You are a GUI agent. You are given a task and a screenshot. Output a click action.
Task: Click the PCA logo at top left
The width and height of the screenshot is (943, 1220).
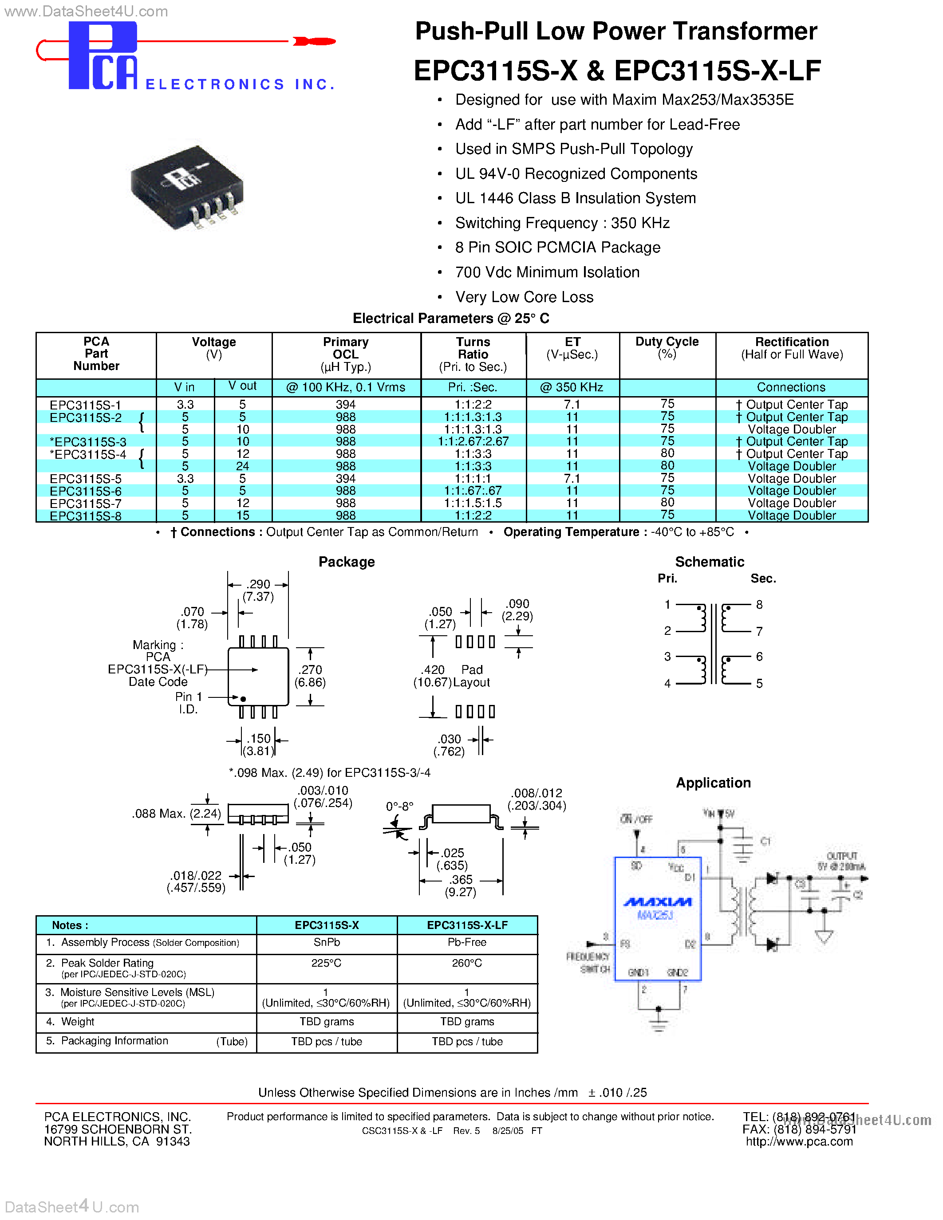tap(103, 56)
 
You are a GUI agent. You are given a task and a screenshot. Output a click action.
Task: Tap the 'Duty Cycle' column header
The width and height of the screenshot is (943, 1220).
tap(667, 342)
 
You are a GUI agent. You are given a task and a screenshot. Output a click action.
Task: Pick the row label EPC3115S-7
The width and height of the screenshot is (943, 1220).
tap(86, 504)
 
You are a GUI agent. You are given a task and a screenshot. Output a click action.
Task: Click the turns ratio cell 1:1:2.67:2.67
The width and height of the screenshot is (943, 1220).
tap(473, 441)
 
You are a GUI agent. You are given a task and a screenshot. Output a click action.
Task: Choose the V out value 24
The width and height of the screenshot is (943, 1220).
tap(242, 466)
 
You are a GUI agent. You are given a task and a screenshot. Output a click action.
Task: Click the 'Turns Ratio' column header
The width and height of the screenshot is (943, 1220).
tap(473, 348)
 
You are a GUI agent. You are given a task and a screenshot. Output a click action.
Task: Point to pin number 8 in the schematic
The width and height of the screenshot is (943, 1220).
tap(759, 604)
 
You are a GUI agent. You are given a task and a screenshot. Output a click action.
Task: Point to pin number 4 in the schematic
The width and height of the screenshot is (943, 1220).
tap(667, 683)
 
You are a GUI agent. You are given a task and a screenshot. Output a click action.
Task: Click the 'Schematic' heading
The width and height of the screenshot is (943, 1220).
tap(710, 562)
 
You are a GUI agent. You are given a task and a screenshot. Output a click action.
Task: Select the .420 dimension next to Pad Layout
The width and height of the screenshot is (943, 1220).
tap(433, 670)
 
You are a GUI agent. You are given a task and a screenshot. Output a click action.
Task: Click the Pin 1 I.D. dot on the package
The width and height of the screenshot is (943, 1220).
tap(243, 699)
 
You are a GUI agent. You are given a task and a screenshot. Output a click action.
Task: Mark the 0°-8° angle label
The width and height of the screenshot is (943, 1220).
tap(399, 806)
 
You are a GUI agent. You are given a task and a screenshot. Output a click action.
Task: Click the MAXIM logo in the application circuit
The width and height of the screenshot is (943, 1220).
tap(658, 901)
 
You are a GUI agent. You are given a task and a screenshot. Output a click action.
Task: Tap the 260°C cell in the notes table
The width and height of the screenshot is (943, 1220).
tap(467, 963)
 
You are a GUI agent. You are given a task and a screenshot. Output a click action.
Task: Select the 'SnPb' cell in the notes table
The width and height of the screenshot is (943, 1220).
tap(327, 942)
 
